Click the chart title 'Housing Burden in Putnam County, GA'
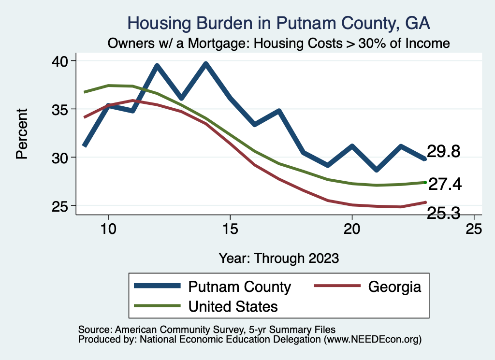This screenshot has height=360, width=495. click(278, 23)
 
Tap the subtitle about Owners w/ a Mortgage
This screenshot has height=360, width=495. click(278, 43)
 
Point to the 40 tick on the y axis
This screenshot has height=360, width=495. click(61, 61)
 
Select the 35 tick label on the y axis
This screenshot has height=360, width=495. click(61, 109)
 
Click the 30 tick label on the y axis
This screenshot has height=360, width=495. click(61, 158)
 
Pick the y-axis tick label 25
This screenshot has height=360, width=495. click(61, 206)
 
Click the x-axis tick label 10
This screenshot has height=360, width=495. click(108, 229)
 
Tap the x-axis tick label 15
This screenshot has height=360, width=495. click(230, 229)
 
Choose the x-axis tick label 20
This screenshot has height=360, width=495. click(352, 229)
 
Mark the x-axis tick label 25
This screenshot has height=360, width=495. click(474, 229)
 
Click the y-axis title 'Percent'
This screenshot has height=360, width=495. click(22, 133)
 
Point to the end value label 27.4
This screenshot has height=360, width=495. click(445, 184)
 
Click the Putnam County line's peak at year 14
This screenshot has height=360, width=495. click(206, 64)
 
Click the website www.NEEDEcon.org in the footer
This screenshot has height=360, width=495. click(373, 340)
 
